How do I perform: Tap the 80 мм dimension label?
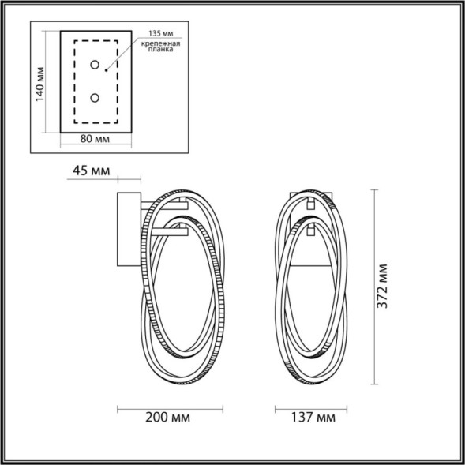[96, 139]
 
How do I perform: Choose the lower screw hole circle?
[95, 98]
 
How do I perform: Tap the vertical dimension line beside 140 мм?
[51, 81]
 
